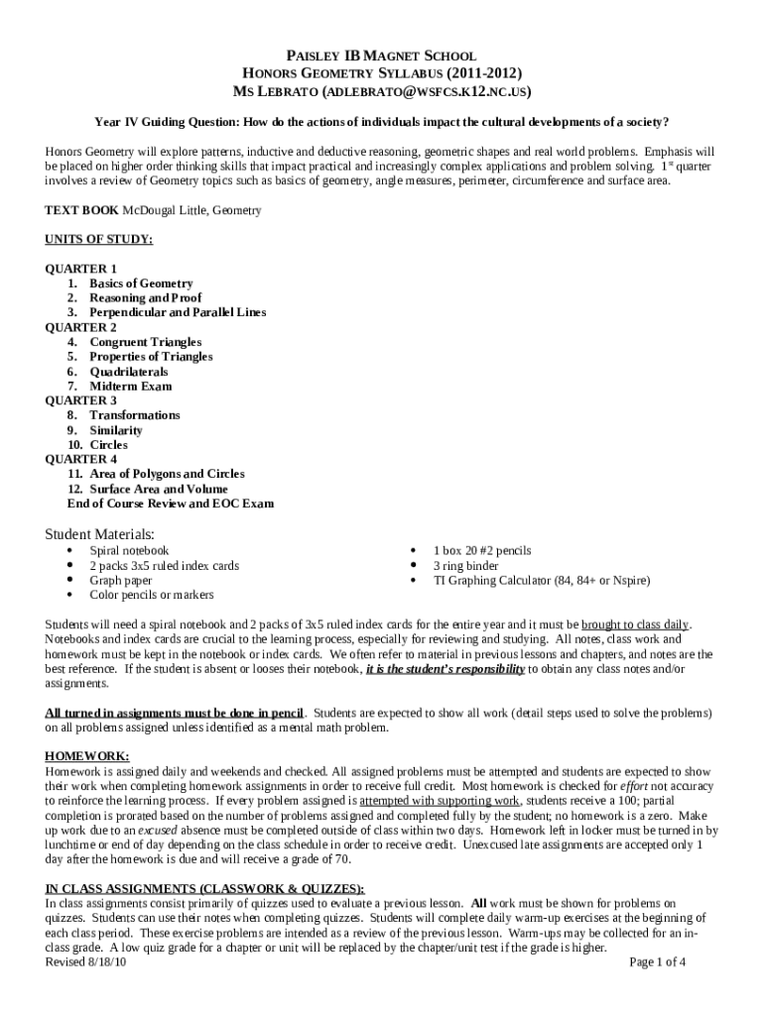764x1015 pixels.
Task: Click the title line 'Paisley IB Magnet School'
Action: click(382, 56)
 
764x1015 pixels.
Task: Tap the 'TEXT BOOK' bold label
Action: click(82, 211)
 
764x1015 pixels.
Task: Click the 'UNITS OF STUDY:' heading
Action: click(98, 239)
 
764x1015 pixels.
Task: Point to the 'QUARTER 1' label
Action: click(81, 269)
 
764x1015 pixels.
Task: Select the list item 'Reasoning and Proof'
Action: click(145, 297)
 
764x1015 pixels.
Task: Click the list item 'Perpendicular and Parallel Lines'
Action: click(178, 312)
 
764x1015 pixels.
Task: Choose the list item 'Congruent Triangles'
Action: click(145, 342)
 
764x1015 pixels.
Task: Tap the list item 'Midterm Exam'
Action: click(130, 386)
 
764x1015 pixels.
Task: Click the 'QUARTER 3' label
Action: click(81, 400)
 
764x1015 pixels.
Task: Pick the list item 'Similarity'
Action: click(116, 430)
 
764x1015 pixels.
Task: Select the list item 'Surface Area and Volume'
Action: click(158, 489)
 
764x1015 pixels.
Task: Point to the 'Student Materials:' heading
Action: click(100, 533)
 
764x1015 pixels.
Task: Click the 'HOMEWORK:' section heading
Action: click(87, 755)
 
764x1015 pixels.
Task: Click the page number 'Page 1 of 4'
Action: click(658, 961)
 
